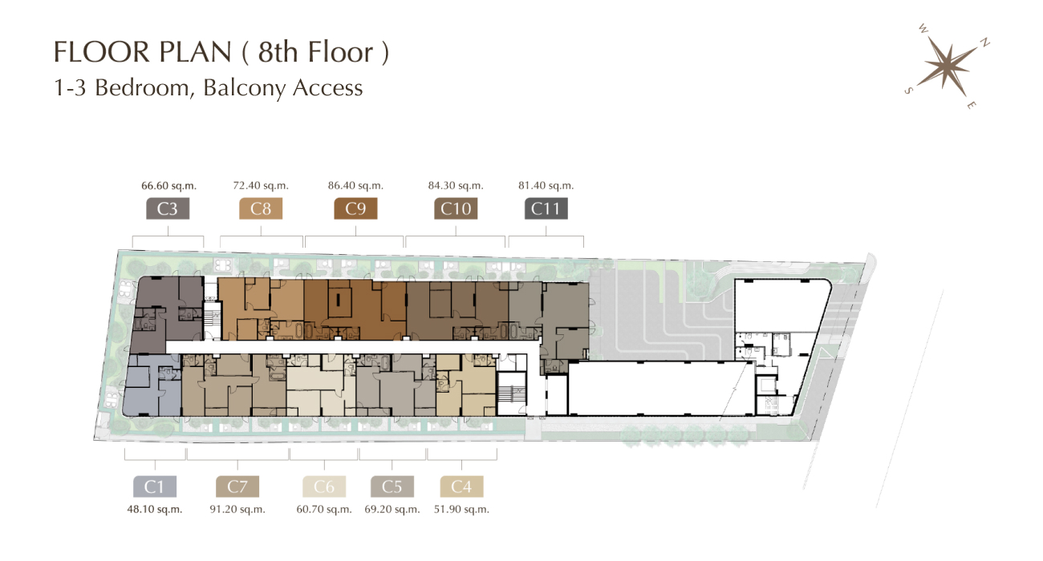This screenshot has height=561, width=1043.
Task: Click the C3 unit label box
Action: click(x=168, y=208)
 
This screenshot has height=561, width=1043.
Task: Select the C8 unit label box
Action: click(x=261, y=208)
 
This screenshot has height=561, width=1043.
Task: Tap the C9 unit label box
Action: click(x=355, y=208)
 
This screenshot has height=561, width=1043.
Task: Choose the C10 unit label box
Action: click(x=456, y=208)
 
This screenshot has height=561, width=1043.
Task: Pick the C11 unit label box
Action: click(x=546, y=208)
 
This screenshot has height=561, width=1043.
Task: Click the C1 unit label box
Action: click(x=155, y=486)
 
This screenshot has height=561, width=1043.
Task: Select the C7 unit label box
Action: click(x=237, y=486)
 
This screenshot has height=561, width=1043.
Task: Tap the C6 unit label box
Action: click(x=324, y=486)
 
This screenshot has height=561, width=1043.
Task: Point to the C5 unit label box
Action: click(x=392, y=486)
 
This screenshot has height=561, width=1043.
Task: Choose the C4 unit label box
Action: click(x=462, y=486)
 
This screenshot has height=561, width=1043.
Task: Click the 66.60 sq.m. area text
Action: click(x=169, y=186)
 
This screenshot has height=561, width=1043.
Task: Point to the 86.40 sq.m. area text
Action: click(x=355, y=186)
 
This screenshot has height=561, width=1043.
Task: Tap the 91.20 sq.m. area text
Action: click(x=237, y=510)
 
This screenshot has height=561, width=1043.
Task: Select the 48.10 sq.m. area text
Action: click(x=155, y=510)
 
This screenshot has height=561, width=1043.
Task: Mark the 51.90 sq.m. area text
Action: click(x=462, y=510)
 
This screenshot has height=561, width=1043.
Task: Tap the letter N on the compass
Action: click(x=984, y=42)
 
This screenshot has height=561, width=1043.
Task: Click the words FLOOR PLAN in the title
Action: click(x=143, y=51)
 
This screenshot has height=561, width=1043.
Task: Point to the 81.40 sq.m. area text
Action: click(x=546, y=186)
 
